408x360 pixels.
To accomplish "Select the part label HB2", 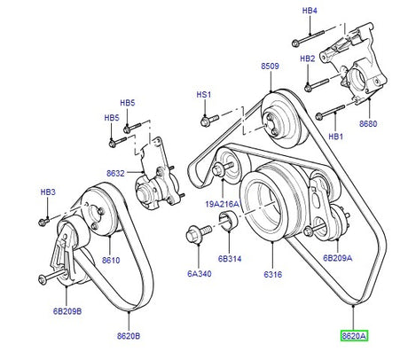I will [308, 59].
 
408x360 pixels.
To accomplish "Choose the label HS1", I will [204, 94].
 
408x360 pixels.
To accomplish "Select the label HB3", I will [48, 192].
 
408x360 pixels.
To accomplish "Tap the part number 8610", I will [111, 260].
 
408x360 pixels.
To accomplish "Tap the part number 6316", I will [271, 274].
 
